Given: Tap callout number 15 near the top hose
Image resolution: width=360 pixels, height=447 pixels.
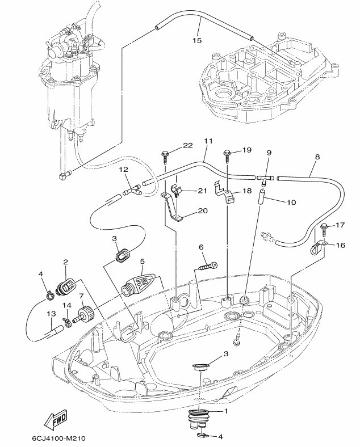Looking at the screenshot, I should click(197, 40).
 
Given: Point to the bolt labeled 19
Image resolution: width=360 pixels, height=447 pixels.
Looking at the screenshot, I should click(227, 152).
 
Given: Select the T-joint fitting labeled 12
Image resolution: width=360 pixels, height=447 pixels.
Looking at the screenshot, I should click(132, 191).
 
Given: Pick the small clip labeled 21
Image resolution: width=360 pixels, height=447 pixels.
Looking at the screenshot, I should click(178, 192).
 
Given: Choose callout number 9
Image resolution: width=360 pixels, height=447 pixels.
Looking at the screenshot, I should click(269, 153).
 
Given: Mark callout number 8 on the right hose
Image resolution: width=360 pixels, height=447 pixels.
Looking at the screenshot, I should click(316, 156).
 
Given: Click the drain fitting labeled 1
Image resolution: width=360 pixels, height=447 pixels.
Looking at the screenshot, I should click(197, 420).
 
